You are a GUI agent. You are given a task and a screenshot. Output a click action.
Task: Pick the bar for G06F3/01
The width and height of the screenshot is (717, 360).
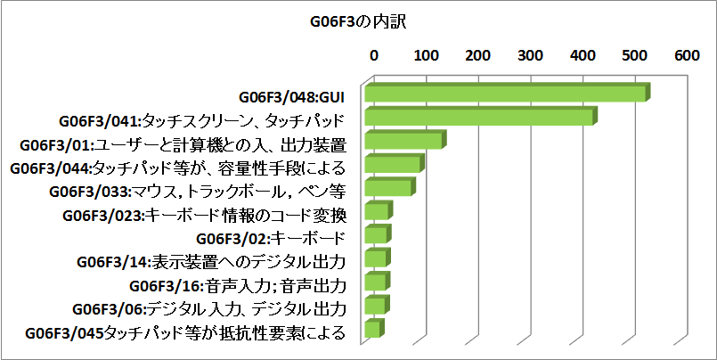pos(403,142)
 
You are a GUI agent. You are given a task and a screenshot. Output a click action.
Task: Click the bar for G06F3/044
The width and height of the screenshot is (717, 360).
pos(392,165)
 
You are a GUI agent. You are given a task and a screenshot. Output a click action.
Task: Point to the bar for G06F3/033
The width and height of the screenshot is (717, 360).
pos(387,188)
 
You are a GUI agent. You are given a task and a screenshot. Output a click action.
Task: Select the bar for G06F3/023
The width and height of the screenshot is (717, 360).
pos(376,211)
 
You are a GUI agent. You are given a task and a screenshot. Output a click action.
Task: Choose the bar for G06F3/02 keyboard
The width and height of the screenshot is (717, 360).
pos(376,235)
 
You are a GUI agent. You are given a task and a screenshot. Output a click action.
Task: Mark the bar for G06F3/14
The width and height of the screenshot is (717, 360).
pos(375,259)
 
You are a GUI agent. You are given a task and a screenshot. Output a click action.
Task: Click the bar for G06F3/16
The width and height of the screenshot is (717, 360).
pos(375,282)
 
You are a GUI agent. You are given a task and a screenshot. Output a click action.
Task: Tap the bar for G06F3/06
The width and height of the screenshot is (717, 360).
pos(374,307)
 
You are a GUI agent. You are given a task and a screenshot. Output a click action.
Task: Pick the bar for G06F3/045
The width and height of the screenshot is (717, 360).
pos(372,330)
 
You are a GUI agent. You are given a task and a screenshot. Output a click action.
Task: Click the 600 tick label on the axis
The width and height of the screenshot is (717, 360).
pos(687,55)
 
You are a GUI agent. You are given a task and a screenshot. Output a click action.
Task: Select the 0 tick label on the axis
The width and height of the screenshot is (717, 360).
pos(374,55)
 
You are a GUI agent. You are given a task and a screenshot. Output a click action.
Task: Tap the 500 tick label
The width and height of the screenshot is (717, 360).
pos(635,55)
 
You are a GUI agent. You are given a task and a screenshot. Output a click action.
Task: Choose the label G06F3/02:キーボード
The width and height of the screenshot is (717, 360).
pos(270,238)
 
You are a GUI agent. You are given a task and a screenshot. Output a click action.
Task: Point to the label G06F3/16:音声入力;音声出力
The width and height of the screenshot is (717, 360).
pos(237,285)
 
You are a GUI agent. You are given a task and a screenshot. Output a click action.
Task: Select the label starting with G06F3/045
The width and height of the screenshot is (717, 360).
pos(185,333)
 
